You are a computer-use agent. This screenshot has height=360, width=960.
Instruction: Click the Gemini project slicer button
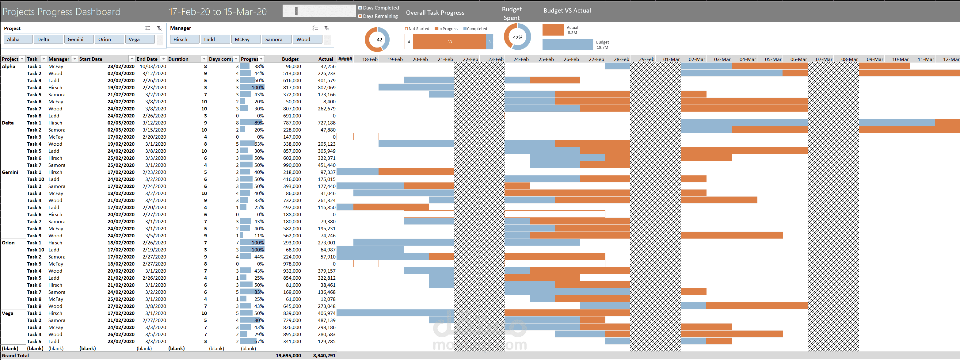pyautogui.click(x=78, y=40)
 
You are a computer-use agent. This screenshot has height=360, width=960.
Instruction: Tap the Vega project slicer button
pyautogui.click(x=139, y=40)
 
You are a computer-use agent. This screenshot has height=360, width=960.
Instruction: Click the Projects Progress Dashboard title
pyautogui.click(x=62, y=12)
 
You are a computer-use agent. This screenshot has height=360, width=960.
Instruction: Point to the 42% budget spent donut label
pyautogui.click(x=517, y=38)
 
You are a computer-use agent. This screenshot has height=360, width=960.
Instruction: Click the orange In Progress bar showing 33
pyautogui.click(x=449, y=42)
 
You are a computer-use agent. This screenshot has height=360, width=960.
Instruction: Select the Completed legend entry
pyautogui.click(x=475, y=29)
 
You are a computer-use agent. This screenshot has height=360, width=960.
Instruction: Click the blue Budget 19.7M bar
pyautogui.click(x=567, y=45)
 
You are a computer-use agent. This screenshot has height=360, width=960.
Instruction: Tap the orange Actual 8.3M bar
pyautogui.click(x=553, y=30)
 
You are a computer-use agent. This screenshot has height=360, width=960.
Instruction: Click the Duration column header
pyautogui.click(x=178, y=59)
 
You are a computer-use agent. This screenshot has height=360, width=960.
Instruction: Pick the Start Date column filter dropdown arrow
pyautogui.click(x=131, y=59)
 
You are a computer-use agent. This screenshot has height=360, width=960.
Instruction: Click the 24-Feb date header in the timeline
pyautogui.click(x=521, y=59)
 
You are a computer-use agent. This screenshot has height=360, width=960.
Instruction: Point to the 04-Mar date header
pyautogui.click(x=748, y=59)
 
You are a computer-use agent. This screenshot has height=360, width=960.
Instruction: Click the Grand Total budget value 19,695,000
pyautogui.click(x=288, y=355)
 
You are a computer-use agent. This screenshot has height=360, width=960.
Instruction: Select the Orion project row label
pyautogui.click(x=8, y=243)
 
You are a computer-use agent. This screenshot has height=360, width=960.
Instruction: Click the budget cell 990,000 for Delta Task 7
pyautogui.click(x=292, y=165)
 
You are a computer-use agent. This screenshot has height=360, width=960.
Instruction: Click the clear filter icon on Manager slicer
pyautogui.click(x=326, y=28)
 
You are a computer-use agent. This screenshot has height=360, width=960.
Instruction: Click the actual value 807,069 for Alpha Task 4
pyautogui.click(x=326, y=88)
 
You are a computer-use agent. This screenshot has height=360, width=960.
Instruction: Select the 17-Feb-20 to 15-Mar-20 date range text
pyautogui.click(x=218, y=12)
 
